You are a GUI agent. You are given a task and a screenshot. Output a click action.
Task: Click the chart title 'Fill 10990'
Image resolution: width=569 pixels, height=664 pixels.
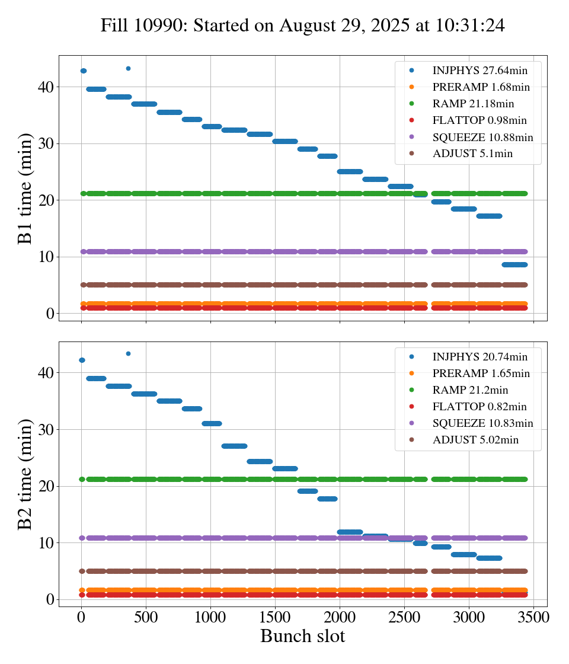click(302, 25)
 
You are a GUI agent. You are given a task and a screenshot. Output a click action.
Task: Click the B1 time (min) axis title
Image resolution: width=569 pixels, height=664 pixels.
click(25, 189)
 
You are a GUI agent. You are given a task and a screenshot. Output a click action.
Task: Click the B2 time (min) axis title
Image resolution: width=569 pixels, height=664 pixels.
click(25, 474)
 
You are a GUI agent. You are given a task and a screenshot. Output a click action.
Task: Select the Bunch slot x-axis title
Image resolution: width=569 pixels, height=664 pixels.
click(302, 636)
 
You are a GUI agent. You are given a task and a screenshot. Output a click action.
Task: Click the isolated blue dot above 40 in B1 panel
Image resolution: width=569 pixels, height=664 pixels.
click(128, 68)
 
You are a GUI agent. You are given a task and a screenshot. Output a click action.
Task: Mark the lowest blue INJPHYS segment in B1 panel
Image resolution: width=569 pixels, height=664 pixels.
click(514, 264)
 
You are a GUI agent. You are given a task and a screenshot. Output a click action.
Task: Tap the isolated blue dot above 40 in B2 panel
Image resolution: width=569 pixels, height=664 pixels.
click(128, 353)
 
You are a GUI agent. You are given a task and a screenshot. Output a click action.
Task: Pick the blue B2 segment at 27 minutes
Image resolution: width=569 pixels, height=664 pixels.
click(234, 446)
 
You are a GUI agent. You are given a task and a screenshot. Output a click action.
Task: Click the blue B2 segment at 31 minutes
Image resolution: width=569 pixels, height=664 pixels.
click(212, 423)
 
